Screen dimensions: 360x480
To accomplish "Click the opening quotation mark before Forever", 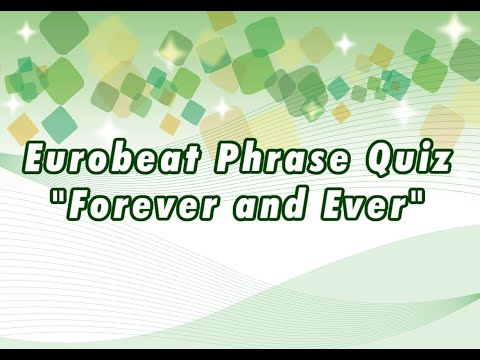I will (61, 200).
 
